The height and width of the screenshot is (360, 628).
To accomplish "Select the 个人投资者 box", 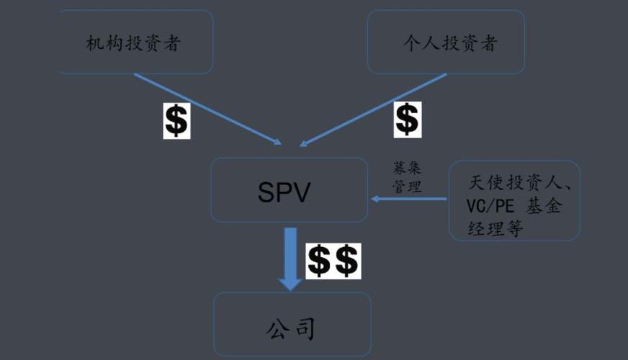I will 446,42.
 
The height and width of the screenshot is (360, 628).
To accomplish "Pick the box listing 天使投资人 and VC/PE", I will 514,200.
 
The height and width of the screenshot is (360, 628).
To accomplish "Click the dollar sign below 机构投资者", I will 176,120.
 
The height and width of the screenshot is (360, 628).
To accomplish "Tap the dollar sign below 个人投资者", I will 407,119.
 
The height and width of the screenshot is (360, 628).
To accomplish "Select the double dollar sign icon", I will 333,261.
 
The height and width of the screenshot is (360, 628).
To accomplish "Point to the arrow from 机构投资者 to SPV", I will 209,108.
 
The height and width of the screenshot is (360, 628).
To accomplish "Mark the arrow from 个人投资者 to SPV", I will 374,108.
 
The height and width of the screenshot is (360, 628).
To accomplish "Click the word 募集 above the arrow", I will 407,168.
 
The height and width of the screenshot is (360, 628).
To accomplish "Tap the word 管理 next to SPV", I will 407,185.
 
